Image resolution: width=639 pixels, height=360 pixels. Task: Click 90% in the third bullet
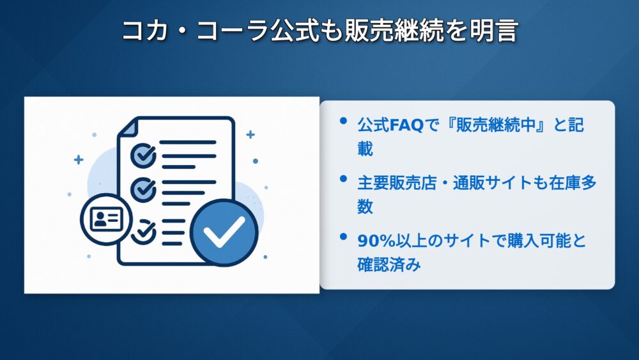click(376, 241)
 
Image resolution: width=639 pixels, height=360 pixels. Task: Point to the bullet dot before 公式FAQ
click(343, 121)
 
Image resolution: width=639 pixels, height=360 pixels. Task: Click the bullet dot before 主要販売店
click(343, 178)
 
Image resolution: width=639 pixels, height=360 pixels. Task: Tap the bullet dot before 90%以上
click(343, 237)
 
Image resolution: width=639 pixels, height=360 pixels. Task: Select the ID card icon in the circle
click(106, 219)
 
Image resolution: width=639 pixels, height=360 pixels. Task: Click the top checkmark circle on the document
click(143, 155)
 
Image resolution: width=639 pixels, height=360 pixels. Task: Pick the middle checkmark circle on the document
click(143, 189)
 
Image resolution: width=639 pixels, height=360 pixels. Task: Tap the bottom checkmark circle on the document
click(143, 231)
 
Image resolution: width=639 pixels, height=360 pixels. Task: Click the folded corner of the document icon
click(127, 128)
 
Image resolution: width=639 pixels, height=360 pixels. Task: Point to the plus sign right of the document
click(250, 134)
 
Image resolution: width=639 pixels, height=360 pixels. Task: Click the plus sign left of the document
click(79, 160)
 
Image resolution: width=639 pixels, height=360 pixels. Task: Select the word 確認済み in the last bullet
click(389, 265)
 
